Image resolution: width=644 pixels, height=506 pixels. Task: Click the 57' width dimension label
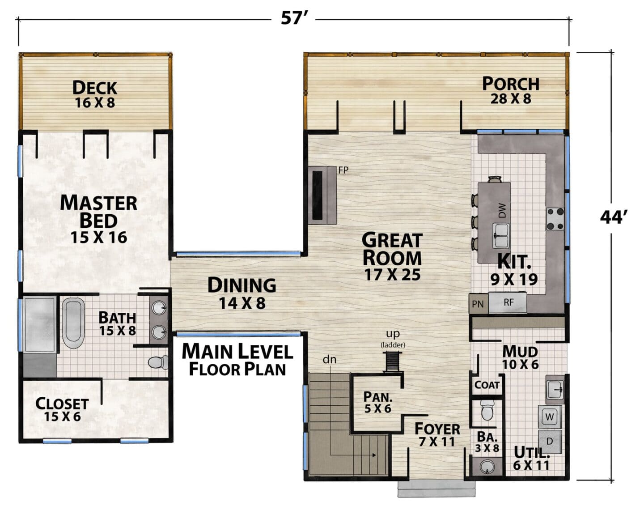293,18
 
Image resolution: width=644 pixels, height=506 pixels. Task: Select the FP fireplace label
343,170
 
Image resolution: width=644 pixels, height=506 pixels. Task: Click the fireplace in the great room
322,196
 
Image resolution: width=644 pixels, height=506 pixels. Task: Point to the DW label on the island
502,210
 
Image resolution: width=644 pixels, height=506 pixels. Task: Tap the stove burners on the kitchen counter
555,219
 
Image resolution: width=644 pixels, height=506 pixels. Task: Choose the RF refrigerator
508,302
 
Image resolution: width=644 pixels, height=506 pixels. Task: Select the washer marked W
550,417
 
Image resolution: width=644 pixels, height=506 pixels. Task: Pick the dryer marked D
550,442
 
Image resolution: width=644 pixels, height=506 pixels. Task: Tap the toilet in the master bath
158,362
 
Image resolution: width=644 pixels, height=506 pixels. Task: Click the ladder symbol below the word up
393,361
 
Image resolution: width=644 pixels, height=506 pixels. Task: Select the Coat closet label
487,385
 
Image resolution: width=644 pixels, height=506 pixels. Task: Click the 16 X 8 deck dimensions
95,103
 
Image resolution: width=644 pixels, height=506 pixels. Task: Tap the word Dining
242,285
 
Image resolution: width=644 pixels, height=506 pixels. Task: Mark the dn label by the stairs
330,360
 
